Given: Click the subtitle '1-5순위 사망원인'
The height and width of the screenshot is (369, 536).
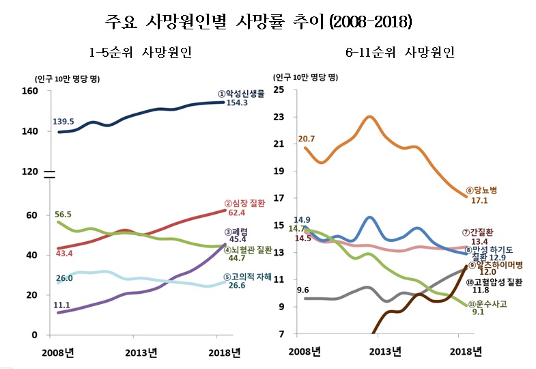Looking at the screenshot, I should coord(140,53).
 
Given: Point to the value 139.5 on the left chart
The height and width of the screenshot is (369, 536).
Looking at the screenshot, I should coord(63,122).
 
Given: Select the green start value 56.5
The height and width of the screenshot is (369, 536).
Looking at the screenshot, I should coord(63,214).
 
